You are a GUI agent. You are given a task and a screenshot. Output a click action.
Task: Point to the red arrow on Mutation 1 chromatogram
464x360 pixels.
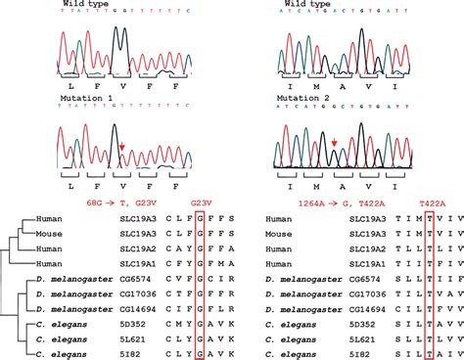click(x=122, y=147)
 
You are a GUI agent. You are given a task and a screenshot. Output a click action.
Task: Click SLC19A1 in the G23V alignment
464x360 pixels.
click(x=136, y=265)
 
